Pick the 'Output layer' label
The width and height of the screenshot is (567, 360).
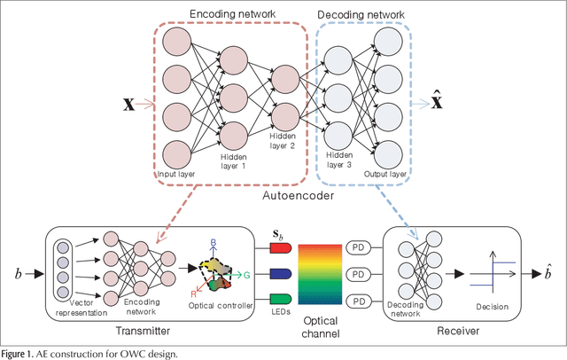[x=385, y=174]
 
